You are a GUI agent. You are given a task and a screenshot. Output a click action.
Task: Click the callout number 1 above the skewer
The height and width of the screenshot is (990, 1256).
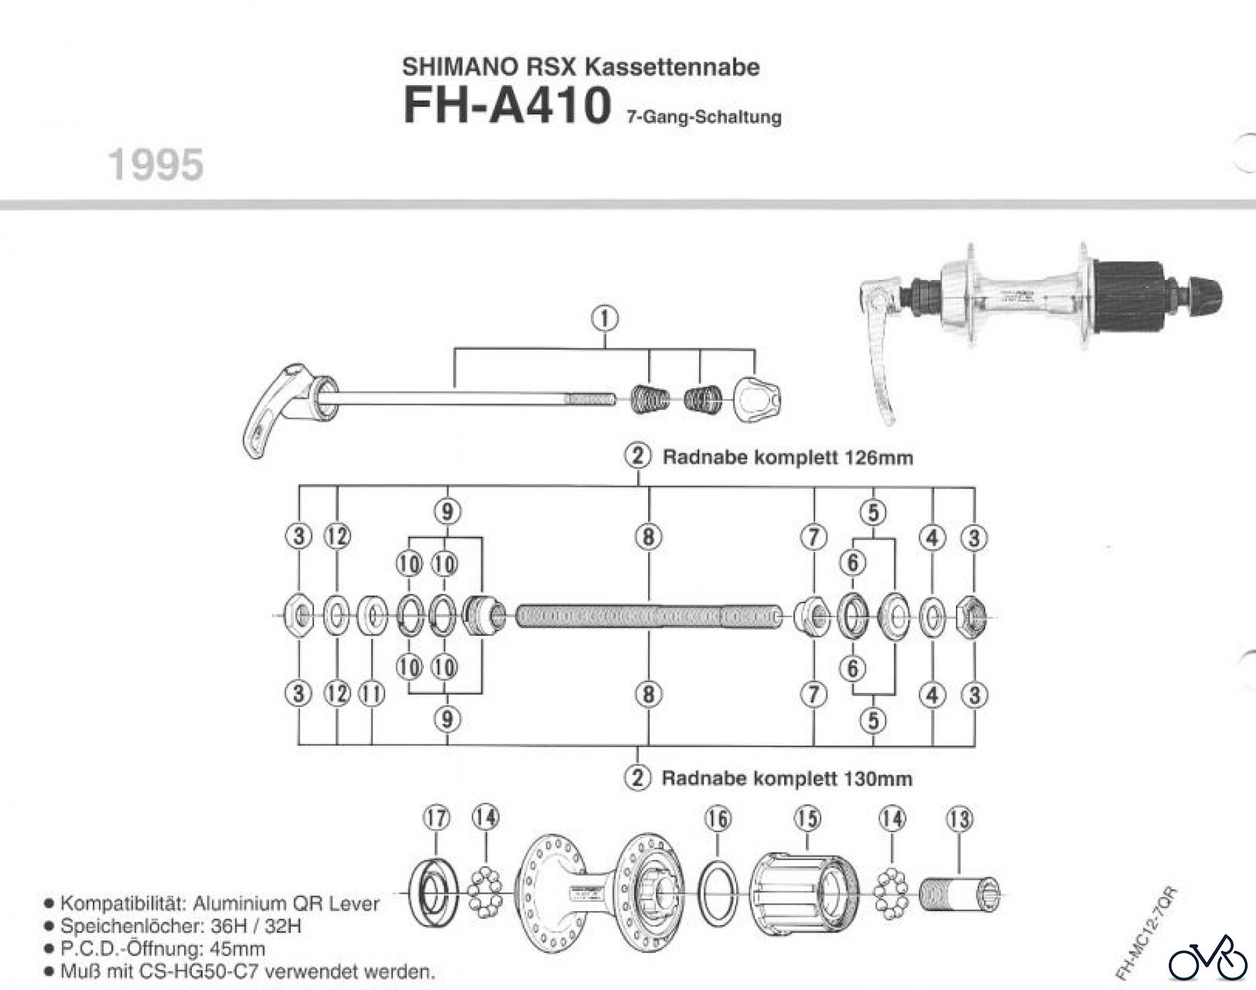tap(605, 318)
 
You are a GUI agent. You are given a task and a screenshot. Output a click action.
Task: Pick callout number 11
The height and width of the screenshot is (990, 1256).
tap(371, 694)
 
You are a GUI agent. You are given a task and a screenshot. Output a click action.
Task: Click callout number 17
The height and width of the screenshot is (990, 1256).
tap(437, 818)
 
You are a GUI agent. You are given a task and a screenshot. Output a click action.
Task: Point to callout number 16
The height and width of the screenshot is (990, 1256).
tap(718, 818)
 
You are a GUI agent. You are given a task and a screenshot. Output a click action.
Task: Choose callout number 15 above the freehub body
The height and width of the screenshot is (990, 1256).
tap(807, 818)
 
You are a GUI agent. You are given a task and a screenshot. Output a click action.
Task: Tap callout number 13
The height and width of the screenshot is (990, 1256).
tap(959, 818)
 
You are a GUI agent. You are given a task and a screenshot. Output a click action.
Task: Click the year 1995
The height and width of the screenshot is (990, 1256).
tap(156, 165)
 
